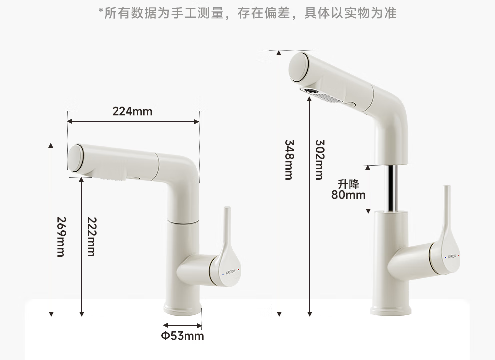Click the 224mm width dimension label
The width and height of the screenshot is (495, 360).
point(132,111)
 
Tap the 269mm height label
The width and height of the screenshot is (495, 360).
point(60,237)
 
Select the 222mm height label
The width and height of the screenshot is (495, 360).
point(91,237)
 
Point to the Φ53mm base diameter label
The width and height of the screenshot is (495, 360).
point(182,336)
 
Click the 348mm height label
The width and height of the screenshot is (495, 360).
point(289,159)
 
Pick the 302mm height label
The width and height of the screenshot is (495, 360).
point(320,159)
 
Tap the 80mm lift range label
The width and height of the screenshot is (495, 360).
point(348,194)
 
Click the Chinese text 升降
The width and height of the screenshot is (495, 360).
point(348,184)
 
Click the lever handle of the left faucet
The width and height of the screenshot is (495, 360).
point(227,240)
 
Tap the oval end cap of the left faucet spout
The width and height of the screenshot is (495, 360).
point(75,159)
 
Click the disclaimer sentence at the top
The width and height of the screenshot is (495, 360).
point(247,13)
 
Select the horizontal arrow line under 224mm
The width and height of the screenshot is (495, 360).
point(133,121)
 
